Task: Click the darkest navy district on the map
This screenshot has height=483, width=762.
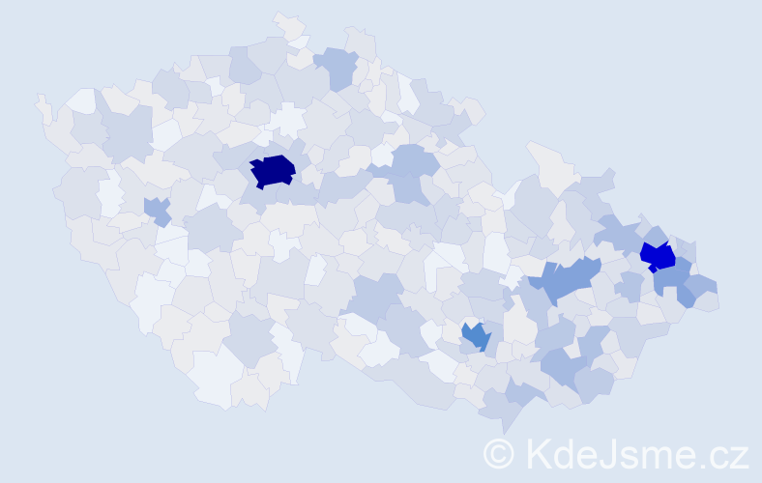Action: (x=273, y=171)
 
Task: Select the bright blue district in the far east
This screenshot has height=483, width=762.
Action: (x=659, y=256)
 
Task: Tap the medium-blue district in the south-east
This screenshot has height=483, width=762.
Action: (x=476, y=336)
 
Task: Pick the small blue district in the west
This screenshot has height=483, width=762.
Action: (x=157, y=210)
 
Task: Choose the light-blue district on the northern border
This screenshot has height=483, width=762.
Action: (x=337, y=67)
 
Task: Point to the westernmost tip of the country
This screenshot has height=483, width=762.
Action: (x=40, y=99)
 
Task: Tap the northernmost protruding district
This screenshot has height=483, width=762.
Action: (x=287, y=21)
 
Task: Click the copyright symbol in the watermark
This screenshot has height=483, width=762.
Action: (x=499, y=453)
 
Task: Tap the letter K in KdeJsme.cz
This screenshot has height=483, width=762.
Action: (x=539, y=453)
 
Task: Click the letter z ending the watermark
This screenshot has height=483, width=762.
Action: (x=740, y=456)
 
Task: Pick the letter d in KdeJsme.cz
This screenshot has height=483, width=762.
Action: (x=565, y=453)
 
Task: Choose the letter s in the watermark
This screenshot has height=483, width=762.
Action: (x=632, y=456)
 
